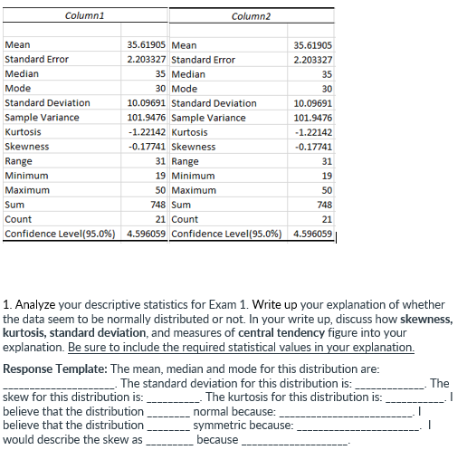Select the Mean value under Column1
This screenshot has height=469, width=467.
tap(147, 45)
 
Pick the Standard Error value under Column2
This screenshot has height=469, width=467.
tap(314, 60)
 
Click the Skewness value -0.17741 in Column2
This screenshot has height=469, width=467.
tap(314, 147)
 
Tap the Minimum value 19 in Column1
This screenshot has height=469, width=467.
tap(160, 176)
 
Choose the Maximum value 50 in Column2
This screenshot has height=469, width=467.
tap(327, 191)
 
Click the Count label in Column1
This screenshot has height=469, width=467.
tap(18, 220)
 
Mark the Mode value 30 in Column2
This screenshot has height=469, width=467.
tap(327, 89)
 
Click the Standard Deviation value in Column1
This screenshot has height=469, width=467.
tap(147, 103)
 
